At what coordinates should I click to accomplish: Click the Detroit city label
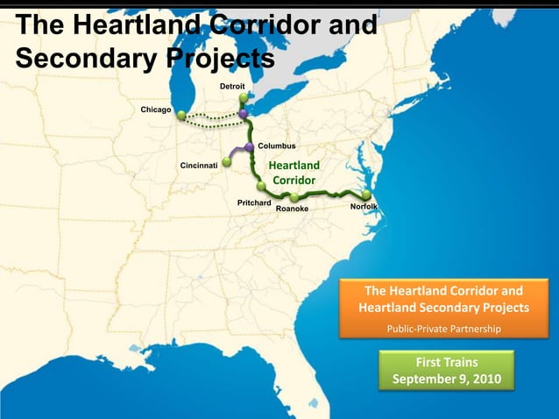point(232,86)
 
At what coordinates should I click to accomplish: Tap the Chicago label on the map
point(156,110)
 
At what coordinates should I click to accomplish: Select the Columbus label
point(277,146)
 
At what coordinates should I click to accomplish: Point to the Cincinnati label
point(199,165)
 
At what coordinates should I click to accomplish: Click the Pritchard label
point(254,202)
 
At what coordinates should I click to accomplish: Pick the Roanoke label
point(292,209)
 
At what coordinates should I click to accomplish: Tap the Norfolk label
point(364,207)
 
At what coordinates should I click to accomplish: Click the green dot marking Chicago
point(180,115)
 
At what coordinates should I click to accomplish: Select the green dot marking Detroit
point(243,98)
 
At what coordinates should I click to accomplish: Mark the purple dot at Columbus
point(250,146)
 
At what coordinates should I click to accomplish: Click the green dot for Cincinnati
point(226,162)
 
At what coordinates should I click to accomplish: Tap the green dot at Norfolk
point(366,195)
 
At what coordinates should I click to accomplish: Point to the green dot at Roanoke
point(295,197)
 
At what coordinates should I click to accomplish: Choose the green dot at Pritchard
point(261,187)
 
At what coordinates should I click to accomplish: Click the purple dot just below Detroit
point(243,114)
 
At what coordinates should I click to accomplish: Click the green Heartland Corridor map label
point(294,173)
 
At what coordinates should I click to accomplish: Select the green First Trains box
point(447,370)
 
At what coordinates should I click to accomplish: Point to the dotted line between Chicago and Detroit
point(210,119)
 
